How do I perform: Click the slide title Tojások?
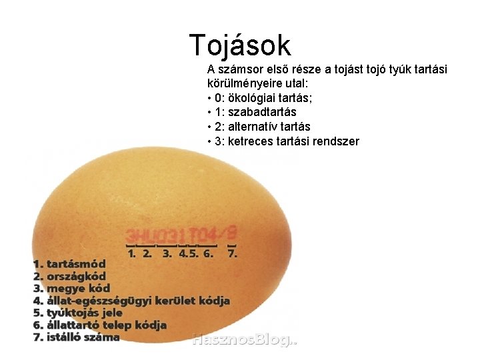point(240,45)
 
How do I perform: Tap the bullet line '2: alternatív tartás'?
point(259,127)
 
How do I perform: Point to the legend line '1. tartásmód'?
point(69,264)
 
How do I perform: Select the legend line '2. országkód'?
point(69,276)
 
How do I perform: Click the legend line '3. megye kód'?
point(71,288)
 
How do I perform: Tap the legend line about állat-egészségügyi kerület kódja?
point(131,301)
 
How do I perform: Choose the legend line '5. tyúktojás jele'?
point(78,313)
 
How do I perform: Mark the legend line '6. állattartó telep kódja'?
point(100,325)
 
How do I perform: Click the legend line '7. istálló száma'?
point(76,337)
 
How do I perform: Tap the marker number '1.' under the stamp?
point(132,253)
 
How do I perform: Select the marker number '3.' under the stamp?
point(167,253)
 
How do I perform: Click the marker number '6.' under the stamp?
point(209,253)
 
